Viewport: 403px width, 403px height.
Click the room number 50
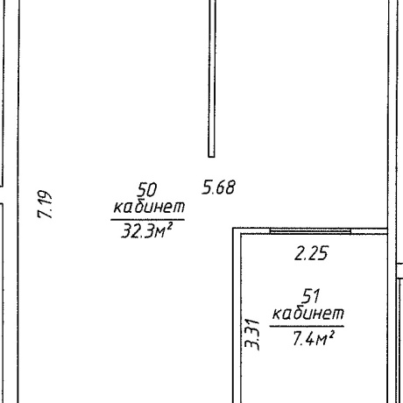147,190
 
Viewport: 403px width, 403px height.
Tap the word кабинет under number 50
149,206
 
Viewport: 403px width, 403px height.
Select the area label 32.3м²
146,230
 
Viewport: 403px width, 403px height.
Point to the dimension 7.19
45,204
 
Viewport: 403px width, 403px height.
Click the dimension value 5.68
218,187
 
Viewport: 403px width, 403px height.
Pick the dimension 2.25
311,253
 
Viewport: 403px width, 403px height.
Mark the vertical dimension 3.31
251,335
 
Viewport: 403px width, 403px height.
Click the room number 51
311,296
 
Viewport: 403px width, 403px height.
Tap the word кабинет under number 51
308,313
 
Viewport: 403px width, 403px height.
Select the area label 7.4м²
314,339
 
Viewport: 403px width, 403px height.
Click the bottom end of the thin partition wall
211,157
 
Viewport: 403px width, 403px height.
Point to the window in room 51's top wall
310,231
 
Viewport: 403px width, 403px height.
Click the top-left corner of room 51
233,228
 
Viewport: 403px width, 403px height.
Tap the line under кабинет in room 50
147,219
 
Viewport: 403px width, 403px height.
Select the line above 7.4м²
307,326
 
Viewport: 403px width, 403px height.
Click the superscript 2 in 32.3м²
168,226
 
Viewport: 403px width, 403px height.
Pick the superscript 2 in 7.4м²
331,334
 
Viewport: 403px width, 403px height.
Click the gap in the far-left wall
2,194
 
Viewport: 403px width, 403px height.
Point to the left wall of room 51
237,315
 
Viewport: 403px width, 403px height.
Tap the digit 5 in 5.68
207,187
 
